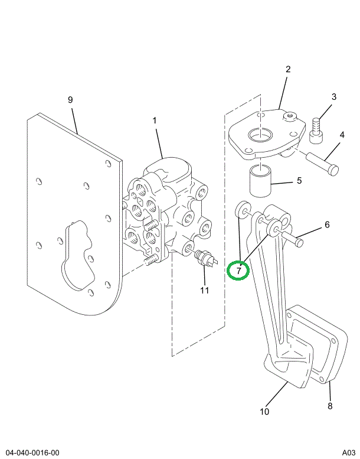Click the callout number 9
(70, 100)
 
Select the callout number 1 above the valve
(155, 121)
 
